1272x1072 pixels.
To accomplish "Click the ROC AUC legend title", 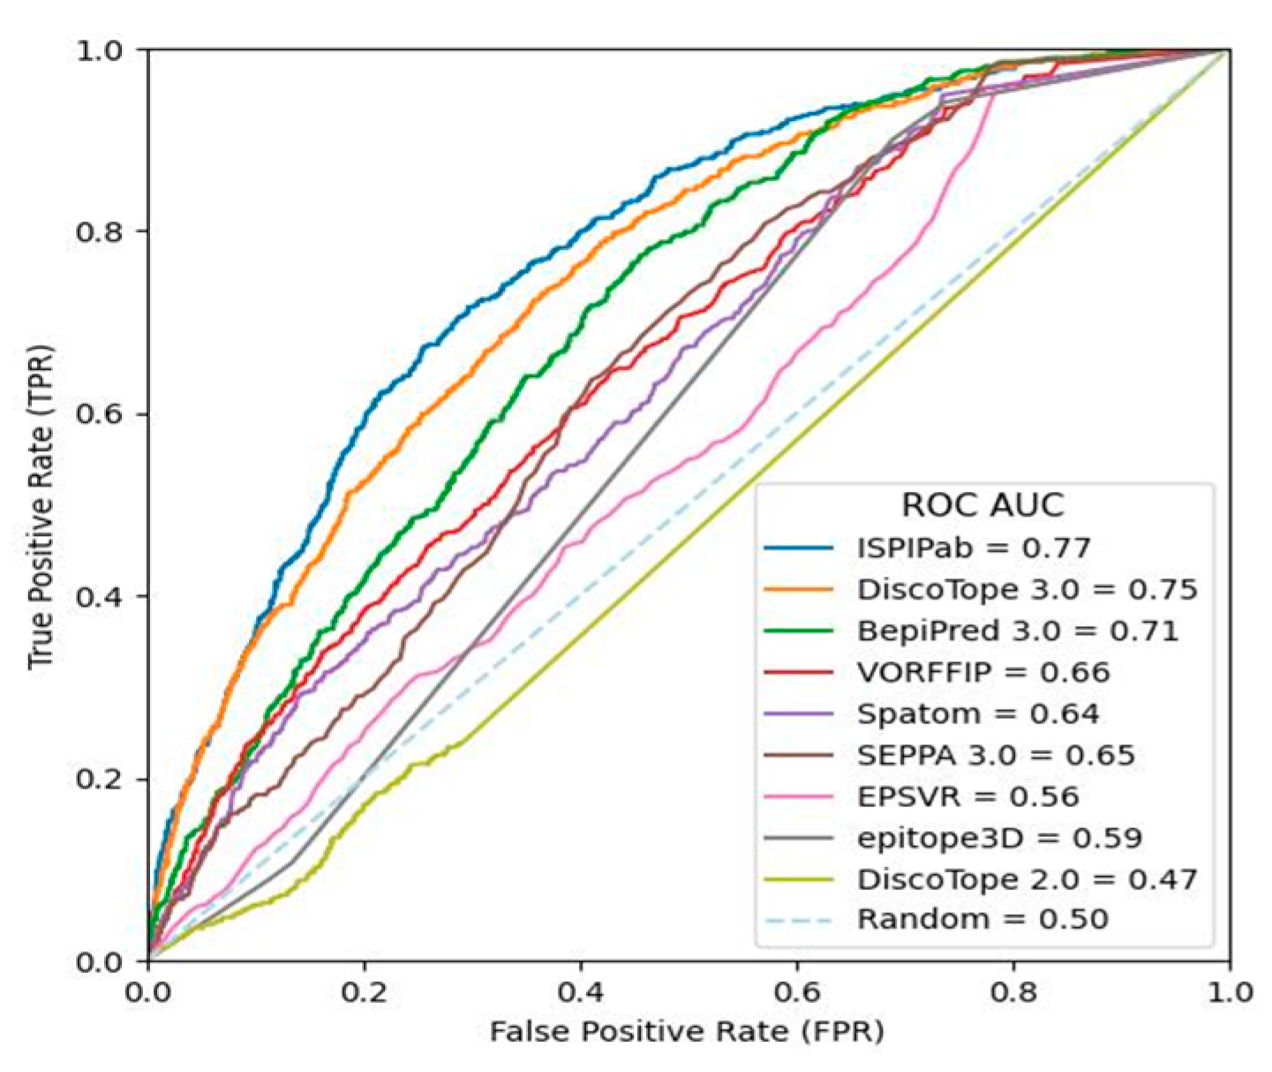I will pyautogui.click(x=982, y=505).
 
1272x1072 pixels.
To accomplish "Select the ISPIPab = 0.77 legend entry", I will pyautogui.click(x=974, y=548).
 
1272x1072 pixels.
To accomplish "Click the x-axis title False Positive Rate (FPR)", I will pyautogui.click(x=687, y=1031).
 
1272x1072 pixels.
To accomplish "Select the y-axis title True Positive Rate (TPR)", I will pyautogui.click(x=40, y=506).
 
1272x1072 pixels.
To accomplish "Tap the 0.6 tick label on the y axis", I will pyautogui.click(x=97, y=414).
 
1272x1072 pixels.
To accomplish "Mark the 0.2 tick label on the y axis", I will pyautogui.click(x=97, y=779).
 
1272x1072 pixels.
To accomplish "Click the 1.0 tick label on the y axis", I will pyautogui.click(x=97, y=49).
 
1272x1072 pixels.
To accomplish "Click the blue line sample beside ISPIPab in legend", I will pyautogui.click(x=798, y=548).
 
